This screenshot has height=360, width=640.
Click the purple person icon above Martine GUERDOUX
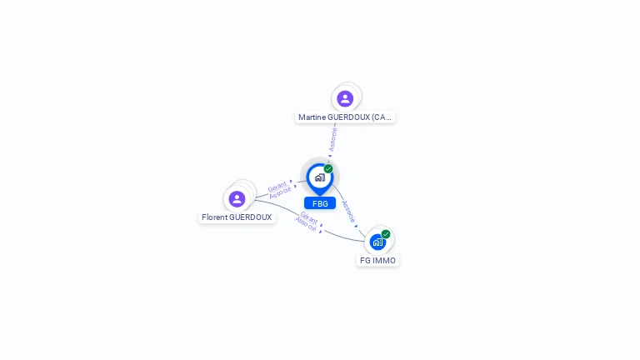pos(345,98)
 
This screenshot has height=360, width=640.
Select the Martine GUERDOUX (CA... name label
pos(345,117)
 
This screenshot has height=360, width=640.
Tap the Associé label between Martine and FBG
pos(333,138)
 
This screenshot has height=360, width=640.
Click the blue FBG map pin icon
pos(319,177)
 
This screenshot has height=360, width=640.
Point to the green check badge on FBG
pos(328,169)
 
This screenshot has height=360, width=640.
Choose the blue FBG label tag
pos(320,203)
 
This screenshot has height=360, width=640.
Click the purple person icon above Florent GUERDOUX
pos(237,198)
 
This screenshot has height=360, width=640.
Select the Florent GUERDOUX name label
pos(237,217)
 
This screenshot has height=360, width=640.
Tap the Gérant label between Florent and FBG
pos(277,186)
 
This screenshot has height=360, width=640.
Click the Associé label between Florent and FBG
pos(281,193)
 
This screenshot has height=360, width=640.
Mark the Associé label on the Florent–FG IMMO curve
pos(306,225)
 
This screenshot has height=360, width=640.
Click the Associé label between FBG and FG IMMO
pos(348,211)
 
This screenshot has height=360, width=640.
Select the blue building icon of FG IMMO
pos(377,242)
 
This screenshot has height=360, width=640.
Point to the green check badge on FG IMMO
pos(386,234)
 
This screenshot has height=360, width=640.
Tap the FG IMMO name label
pos(377,261)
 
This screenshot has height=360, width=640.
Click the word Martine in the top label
pos(312,117)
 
